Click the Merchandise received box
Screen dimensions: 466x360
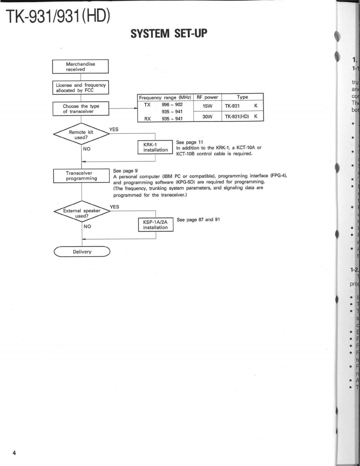(80, 66)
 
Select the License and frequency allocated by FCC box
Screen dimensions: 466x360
(80, 88)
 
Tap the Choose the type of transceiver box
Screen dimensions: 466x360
(80, 109)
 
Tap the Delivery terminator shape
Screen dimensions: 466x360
(82, 252)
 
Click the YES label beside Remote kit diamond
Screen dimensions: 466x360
(114, 129)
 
